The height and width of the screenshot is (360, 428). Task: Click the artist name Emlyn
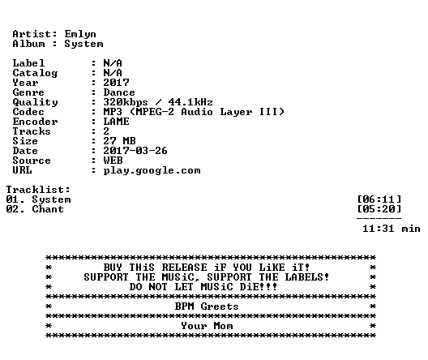coord(80,34)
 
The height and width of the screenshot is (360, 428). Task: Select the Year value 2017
coord(116,83)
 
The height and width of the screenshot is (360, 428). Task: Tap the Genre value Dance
coord(119,92)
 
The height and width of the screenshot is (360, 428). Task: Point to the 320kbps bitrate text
coord(126,102)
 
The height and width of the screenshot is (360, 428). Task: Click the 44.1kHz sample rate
coord(190,102)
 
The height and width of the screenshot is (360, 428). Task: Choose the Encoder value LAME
coord(116,122)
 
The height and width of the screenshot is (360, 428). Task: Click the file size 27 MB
coord(119,141)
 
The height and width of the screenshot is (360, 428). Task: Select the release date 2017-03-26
coord(135,151)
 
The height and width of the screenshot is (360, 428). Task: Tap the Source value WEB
coord(113,161)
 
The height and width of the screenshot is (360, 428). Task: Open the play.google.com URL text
coord(152,171)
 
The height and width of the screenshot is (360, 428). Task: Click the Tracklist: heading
coord(38,190)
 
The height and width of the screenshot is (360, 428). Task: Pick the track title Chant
coord(48,209)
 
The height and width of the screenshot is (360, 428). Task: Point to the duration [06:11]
coord(379,199)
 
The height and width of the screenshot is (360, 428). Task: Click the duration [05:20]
coord(379,209)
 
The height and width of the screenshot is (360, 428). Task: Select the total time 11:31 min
coord(392,229)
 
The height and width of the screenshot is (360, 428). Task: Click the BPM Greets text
coord(207,306)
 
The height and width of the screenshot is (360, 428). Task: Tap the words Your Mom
coord(207,326)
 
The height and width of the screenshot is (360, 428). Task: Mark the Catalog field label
coord(35,73)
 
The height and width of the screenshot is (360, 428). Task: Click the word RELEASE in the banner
coord(185,268)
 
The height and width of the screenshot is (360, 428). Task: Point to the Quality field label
coord(35,102)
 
